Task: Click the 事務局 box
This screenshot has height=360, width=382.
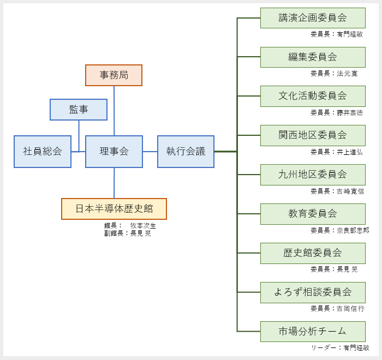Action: [x=114, y=75]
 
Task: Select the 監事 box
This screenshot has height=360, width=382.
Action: [x=79, y=110]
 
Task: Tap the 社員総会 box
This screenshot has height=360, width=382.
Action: [x=43, y=152]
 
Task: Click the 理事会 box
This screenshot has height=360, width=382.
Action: [x=114, y=152]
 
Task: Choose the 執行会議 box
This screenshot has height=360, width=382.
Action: [x=186, y=152]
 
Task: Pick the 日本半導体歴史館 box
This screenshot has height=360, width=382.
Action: [x=114, y=209]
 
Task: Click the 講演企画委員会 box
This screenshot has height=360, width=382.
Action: [x=313, y=18]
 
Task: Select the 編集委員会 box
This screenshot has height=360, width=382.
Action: [x=313, y=57]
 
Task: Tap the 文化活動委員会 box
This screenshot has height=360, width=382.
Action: [x=313, y=96]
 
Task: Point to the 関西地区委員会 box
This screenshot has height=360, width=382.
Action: [x=313, y=135]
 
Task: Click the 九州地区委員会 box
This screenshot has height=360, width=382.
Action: [x=313, y=175]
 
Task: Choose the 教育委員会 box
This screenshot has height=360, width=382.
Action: [x=313, y=214]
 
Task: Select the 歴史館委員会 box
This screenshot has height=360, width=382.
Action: [x=313, y=253]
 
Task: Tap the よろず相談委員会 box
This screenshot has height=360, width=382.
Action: [x=313, y=292]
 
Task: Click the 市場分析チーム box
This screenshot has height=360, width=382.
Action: [x=313, y=332]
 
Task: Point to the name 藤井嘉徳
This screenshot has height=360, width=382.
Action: [x=350, y=113]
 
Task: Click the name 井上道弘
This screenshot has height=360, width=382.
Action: [x=350, y=152]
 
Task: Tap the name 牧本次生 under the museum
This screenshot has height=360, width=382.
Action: [x=143, y=226]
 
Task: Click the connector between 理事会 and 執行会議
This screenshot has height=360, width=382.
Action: [x=150, y=152]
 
